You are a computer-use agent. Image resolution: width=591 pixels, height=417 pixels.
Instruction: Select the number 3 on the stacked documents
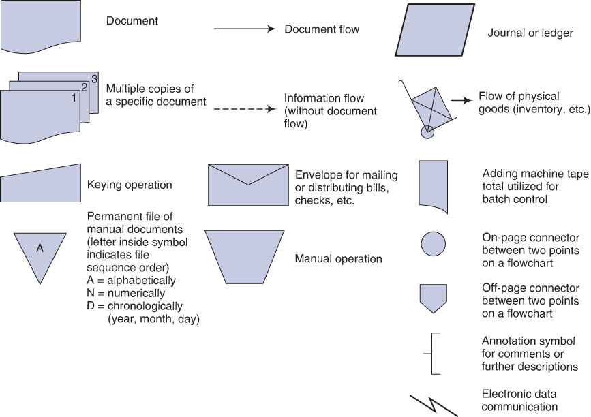pos(94,77)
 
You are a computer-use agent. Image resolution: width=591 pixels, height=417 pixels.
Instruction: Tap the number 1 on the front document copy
pos(74,97)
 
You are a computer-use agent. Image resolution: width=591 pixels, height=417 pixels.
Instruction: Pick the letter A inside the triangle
pos(40,249)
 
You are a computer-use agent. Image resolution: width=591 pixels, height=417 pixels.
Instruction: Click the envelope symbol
pos(248,185)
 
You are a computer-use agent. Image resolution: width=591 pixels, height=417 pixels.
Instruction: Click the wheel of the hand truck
pos(427,132)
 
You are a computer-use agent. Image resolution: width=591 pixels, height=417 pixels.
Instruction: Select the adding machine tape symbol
pos(433,183)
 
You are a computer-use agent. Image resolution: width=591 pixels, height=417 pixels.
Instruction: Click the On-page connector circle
pos(434,243)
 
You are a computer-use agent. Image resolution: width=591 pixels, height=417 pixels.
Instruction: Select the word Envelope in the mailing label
pos(318,175)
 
